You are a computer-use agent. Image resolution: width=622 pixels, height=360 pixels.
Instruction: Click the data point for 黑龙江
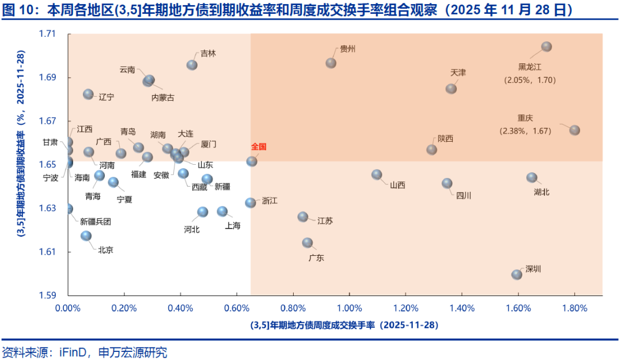[x=547, y=47]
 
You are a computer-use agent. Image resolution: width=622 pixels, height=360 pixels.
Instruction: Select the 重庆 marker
[x=574, y=130]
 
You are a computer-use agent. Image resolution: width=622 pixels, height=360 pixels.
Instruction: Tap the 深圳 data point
[x=517, y=274]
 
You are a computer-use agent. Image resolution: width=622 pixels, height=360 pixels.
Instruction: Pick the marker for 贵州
[x=331, y=63]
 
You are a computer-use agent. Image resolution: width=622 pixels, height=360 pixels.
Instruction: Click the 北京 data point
[x=86, y=236]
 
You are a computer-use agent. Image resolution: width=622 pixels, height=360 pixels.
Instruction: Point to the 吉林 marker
[x=192, y=65]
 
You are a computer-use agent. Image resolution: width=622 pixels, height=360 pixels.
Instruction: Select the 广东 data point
[x=308, y=243]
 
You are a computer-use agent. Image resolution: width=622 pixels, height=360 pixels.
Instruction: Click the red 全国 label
[x=259, y=147]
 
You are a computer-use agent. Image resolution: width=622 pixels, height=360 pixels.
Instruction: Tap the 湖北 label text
[x=542, y=192]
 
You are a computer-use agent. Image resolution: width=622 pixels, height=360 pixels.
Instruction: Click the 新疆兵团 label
[x=95, y=222]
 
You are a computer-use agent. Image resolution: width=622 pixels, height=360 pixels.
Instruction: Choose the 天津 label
[x=458, y=73]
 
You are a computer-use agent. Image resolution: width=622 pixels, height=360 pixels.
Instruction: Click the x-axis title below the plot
[x=344, y=325]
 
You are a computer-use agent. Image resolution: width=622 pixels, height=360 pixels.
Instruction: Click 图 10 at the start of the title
[x=17, y=10]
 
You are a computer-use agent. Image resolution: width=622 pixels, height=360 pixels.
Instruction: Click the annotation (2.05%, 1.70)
[x=530, y=80]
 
